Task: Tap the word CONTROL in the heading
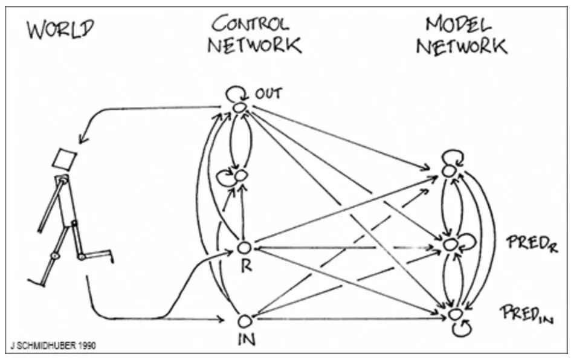pyautogui.click(x=251, y=24)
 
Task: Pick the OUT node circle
pyautogui.click(x=240, y=108)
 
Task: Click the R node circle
pyautogui.click(x=244, y=248)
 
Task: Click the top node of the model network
pyautogui.click(x=448, y=172)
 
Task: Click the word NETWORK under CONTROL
pyautogui.click(x=254, y=45)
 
